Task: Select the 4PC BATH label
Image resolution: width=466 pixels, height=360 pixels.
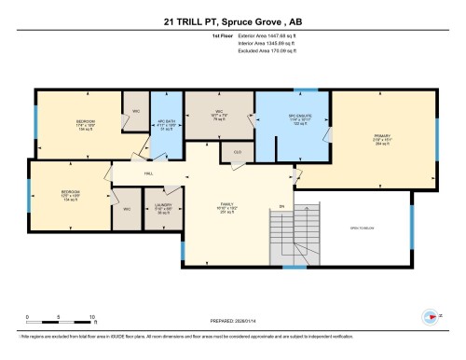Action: [x=167, y=126]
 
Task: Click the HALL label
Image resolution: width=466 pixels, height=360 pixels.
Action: [x=147, y=173]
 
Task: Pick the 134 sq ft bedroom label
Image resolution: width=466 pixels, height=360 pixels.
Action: [x=71, y=195]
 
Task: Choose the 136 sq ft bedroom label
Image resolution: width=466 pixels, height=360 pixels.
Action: [x=85, y=124]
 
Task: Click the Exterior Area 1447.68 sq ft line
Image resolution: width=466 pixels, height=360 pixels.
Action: [x=243, y=44]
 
